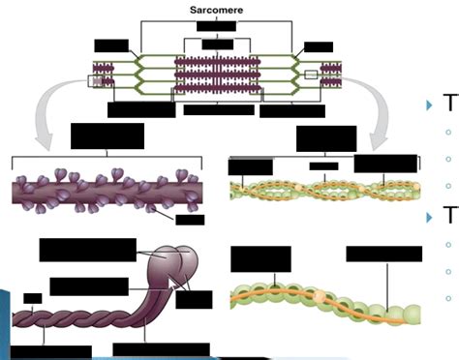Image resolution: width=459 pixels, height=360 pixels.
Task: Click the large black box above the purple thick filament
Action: pyautogui.click(x=107, y=136)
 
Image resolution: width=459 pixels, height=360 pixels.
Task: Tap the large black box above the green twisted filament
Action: pyautogui.click(x=325, y=138)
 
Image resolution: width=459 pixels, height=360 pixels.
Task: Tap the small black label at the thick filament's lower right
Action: pyautogui.click(x=189, y=221)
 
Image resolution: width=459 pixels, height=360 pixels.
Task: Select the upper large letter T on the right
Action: pyautogui.click(x=448, y=105)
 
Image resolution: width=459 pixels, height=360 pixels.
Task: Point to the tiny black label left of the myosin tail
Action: pyautogui.click(x=33, y=298)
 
